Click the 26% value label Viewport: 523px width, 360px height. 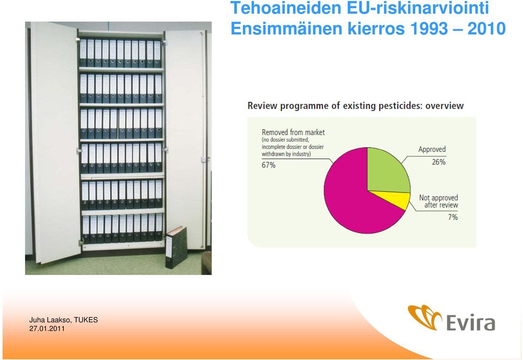coord(439,162)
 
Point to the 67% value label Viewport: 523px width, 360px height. coord(269,165)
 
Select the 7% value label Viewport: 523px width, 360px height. coord(453,217)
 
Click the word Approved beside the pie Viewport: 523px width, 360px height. coord(432,149)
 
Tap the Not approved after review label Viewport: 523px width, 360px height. coord(439,202)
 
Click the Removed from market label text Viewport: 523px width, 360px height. coord(293,132)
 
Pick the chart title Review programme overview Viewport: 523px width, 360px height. coord(356,106)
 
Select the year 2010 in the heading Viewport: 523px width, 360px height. coord(486,28)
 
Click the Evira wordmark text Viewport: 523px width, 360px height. coord(470,322)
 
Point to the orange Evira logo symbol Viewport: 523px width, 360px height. coord(424,316)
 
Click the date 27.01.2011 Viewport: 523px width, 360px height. coord(47,328)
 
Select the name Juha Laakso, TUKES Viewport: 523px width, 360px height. coord(63,320)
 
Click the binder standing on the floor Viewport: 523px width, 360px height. coord(176,247)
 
